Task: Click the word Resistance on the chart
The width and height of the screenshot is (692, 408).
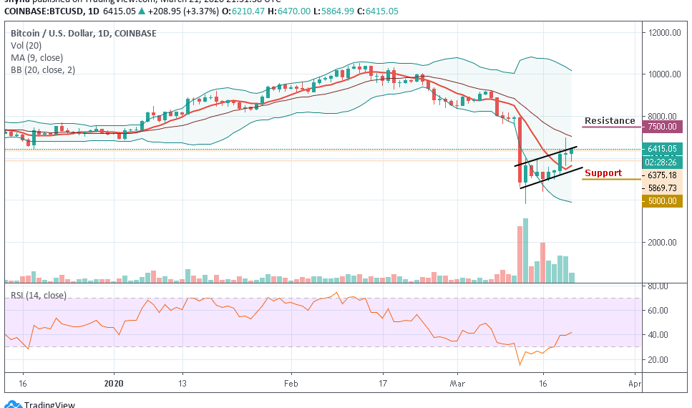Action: pyautogui.click(x=609, y=121)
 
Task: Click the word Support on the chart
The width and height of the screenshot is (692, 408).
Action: pyautogui.click(x=603, y=173)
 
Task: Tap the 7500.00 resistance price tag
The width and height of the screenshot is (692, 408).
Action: pyautogui.click(x=662, y=127)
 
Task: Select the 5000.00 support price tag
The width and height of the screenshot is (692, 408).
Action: pyautogui.click(x=662, y=201)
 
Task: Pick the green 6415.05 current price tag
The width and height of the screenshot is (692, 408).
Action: pyautogui.click(x=662, y=149)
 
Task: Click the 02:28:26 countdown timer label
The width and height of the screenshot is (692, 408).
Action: pyautogui.click(x=662, y=162)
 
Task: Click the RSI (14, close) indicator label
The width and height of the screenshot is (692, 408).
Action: pyautogui.click(x=40, y=295)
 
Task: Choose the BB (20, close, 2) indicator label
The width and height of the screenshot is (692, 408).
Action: pyautogui.click(x=43, y=70)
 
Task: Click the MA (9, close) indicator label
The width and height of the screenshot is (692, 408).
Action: pyautogui.click(x=36, y=58)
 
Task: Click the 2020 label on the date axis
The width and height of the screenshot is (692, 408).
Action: pyautogui.click(x=114, y=384)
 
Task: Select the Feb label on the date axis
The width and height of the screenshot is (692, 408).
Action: pyautogui.click(x=291, y=384)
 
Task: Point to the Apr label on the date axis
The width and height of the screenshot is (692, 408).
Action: pyautogui.click(x=633, y=384)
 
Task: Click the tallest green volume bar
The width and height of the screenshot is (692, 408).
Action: pyautogui.click(x=526, y=251)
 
